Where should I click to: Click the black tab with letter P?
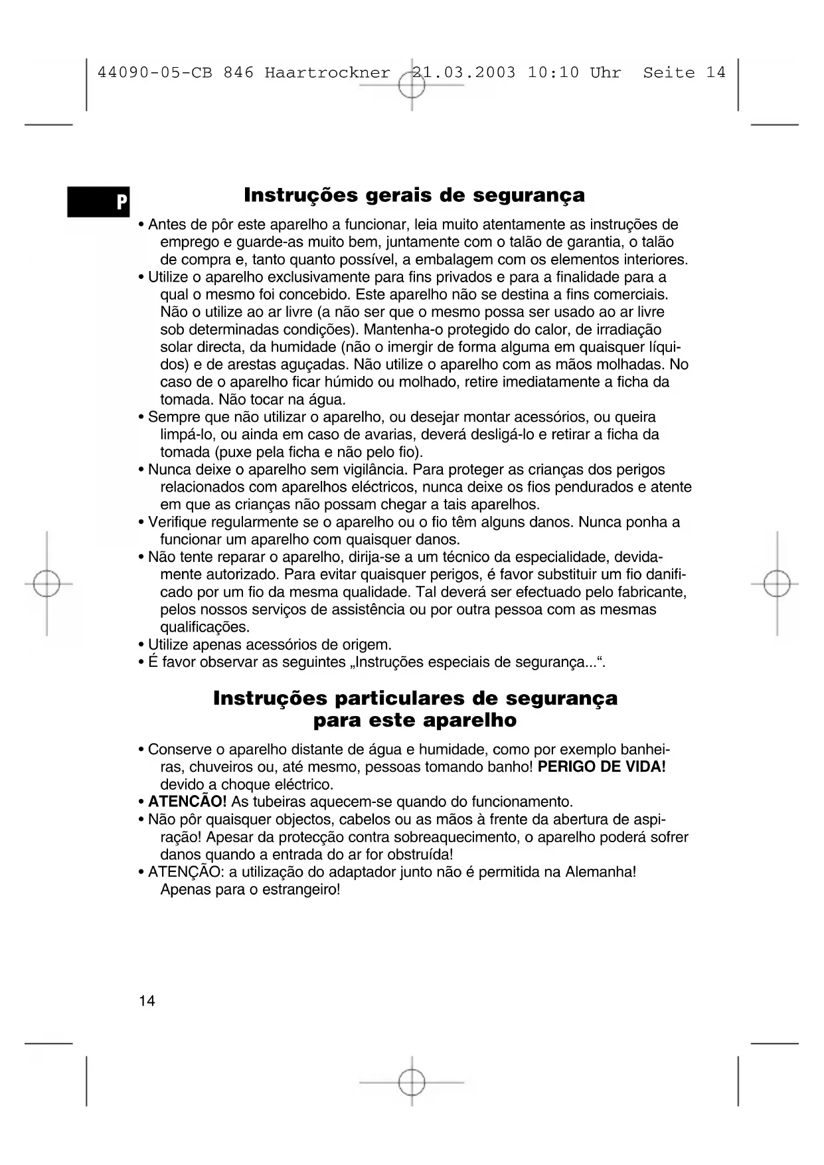click(99, 201)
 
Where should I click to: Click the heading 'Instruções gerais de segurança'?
click(414, 195)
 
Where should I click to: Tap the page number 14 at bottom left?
click(147, 1001)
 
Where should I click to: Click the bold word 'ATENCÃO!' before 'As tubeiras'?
click(187, 802)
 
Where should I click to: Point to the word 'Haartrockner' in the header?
click(327, 73)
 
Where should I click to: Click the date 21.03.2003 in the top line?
click(463, 73)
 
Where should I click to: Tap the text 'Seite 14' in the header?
click(684, 73)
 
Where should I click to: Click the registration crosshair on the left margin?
click(46, 584)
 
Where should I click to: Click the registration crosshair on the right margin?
click(776, 584)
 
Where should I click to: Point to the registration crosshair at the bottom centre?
click(412, 1082)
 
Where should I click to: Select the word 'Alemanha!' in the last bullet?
click(600, 871)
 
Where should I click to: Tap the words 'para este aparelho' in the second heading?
click(414, 721)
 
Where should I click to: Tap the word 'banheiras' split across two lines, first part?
click(649, 750)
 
